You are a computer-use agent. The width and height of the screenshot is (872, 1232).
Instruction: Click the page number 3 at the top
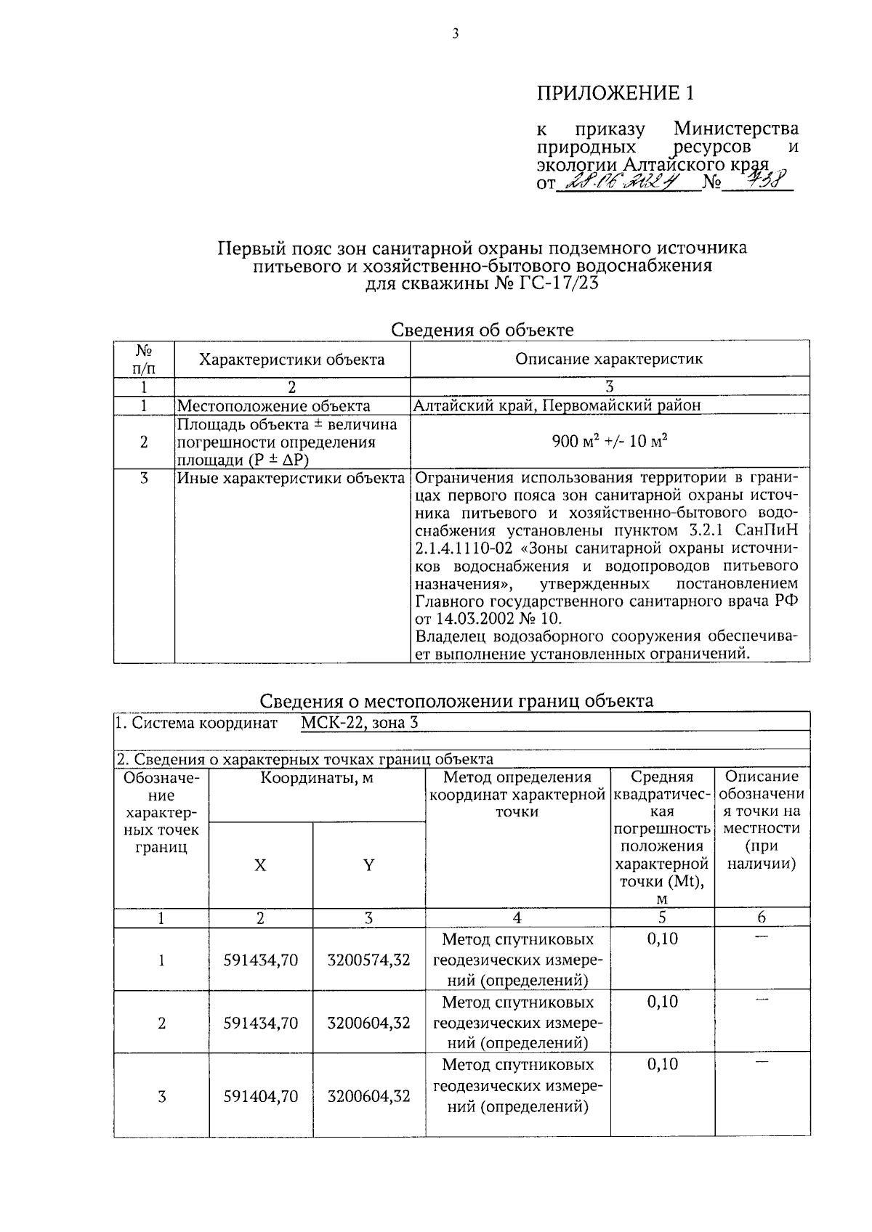coord(455,33)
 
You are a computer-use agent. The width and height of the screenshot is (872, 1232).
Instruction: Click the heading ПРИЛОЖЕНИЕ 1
coord(615,93)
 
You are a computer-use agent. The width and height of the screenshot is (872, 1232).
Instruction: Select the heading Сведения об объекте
coord(483,330)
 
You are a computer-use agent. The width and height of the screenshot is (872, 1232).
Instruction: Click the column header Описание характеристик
coord(609,359)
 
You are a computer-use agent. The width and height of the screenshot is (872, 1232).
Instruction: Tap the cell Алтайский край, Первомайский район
coord(557,406)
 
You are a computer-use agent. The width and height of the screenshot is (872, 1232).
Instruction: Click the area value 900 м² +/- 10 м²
coord(610,442)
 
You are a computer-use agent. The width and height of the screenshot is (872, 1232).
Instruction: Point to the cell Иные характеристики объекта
coord(291,478)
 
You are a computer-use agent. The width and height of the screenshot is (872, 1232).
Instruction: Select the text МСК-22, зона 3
coord(359,723)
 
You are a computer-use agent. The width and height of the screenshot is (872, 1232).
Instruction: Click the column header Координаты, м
coord(317,778)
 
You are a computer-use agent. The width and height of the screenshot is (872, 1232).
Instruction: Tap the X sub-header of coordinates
coord(260,864)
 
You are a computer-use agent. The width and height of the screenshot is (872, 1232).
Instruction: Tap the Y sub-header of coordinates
coord(368,864)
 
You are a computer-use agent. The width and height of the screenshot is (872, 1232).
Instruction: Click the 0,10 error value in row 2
coord(662,1002)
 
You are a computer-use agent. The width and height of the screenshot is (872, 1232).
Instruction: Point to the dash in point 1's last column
coord(761,938)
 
